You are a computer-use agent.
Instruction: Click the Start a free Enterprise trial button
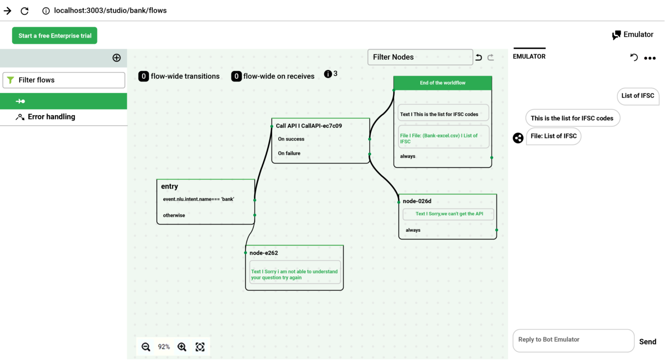[55, 36]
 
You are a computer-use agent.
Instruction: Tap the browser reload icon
[25, 11]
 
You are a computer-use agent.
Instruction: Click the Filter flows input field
[64, 80]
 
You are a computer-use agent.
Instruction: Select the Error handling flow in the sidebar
[51, 117]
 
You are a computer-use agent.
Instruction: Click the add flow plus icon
[116, 58]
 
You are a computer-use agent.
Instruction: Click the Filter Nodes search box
[420, 57]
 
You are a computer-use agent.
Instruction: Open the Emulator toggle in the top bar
[633, 35]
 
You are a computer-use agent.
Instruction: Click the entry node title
[170, 186]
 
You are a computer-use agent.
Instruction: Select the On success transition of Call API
[291, 139]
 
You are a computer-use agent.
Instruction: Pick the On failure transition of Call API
[289, 153]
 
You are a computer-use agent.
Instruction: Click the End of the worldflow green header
[442, 83]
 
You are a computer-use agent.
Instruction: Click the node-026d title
[417, 201]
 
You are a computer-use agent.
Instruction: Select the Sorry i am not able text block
[294, 274]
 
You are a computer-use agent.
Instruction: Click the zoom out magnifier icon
[146, 347]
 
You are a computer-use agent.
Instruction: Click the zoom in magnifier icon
[182, 347]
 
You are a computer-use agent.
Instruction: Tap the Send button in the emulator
[647, 342]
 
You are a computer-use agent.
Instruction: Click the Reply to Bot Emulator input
[573, 340]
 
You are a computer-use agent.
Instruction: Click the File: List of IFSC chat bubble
[553, 136]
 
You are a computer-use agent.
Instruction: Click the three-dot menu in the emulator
[650, 58]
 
